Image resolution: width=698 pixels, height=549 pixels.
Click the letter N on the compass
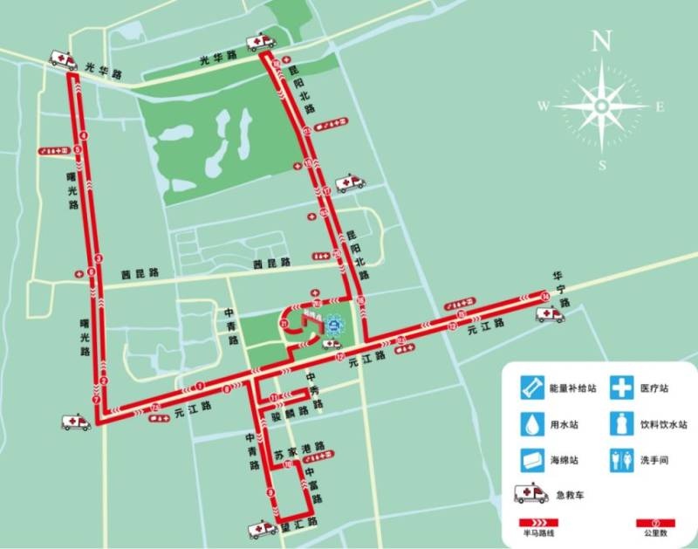click(600, 40)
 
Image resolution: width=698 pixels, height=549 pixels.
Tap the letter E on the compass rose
click(660, 106)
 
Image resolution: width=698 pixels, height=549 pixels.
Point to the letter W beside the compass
click(543, 106)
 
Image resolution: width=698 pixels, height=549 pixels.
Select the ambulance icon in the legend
click(531, 494)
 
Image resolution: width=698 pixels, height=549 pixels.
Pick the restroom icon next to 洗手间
click(620, 459)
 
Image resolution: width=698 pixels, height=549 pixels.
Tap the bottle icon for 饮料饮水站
click(621, 424)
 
